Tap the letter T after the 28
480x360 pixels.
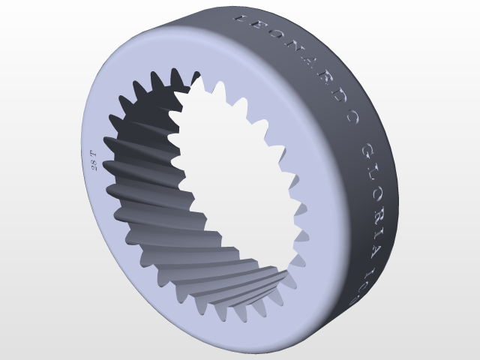[x=94, y=154]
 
